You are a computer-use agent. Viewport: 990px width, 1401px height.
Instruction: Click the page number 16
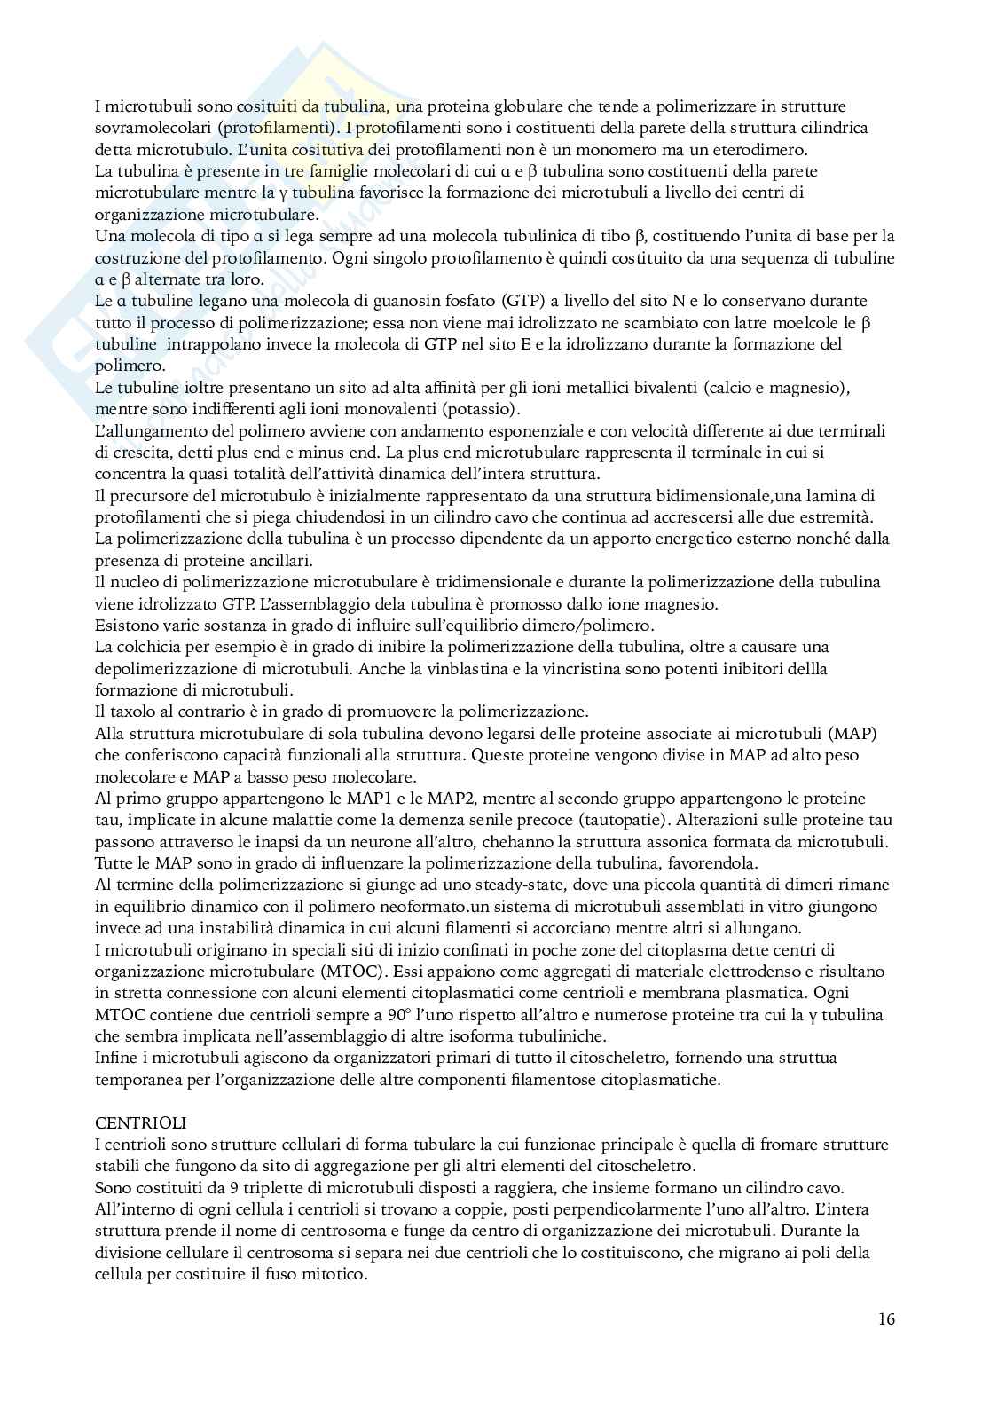886,1318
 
